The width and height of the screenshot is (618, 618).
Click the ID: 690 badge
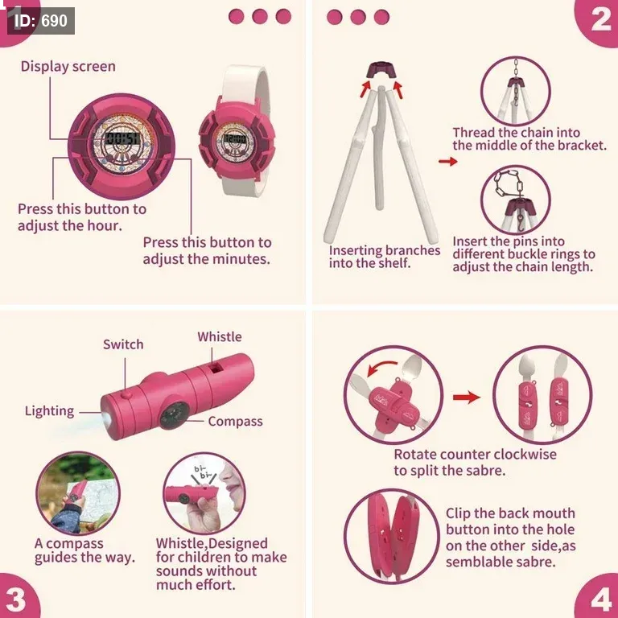[40, 20]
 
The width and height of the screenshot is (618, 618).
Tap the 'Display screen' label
[68, 66]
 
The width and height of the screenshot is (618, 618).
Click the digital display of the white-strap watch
[235, 138]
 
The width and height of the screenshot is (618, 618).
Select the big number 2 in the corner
[600, 19]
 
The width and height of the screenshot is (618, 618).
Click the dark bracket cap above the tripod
[380, 70]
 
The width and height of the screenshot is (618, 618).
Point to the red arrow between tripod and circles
[447, 161]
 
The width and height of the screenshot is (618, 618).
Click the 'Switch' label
[123, 344]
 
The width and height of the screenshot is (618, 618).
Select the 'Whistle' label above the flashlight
[220, 336]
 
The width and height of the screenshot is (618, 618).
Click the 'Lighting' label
[49, 411]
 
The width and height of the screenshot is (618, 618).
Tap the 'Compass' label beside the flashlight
[235, 422]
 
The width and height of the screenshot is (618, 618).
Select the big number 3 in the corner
[17, 599]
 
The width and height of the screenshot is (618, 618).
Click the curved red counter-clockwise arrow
[381, 369]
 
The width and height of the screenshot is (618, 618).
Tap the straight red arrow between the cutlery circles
[467, 397]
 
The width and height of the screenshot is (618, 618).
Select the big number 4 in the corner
[601, 599]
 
